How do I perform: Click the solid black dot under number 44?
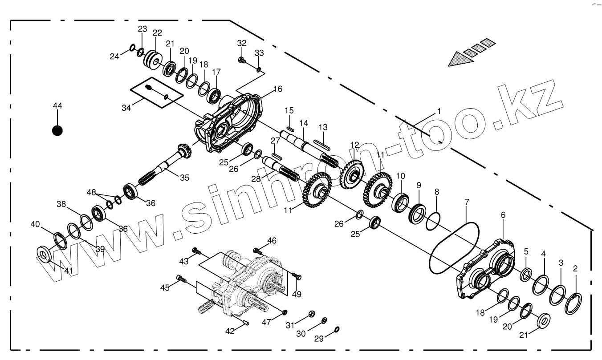tap(57, 130)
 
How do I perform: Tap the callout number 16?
tap(278, 89)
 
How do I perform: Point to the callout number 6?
tap(503, 215)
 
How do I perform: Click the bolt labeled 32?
tap(241, 60)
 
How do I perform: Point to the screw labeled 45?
tap(181, 279)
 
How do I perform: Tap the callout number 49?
tap(297, 294)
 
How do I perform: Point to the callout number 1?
tap(439, 111)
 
